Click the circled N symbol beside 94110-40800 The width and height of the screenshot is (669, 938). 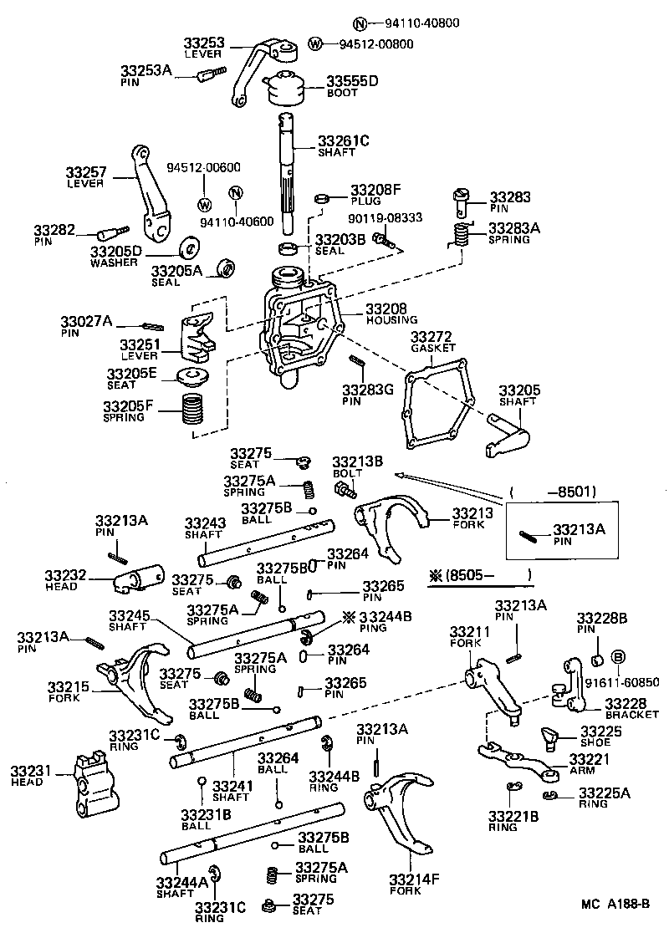pos(335,23)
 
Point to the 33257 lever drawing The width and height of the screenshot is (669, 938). pos(149,192)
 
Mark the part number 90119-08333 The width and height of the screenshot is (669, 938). pos(386,217)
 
